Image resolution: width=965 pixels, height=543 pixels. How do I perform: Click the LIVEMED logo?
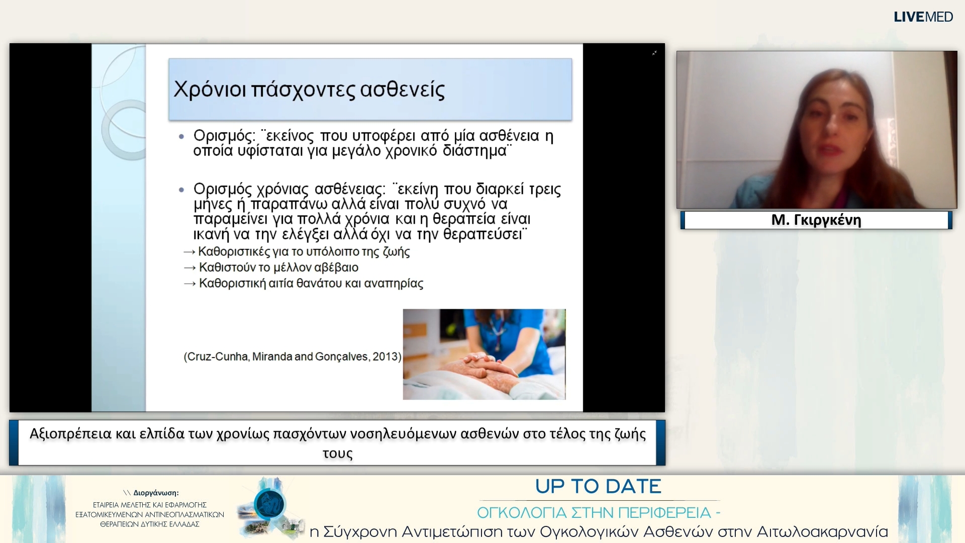(x=923, y=17)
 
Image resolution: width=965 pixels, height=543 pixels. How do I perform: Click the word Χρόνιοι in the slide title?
(x=210, y=89)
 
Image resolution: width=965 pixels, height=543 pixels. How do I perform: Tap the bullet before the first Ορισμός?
(x=182, y=136)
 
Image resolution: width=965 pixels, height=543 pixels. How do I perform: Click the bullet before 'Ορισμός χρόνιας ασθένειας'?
(x=182, y=190)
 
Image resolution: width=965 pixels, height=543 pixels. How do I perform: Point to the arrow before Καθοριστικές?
(x=189, y=252)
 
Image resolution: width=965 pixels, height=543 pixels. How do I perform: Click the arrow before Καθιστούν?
(x=189, y=268)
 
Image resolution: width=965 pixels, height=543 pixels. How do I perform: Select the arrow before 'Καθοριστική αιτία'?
(x=189, y=284)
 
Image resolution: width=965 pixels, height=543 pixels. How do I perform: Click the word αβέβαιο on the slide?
(x=336, y=267)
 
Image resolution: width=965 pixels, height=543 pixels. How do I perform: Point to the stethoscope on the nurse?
(x=495, y=332)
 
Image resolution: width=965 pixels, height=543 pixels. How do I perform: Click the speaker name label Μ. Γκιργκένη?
(x=816, y=220)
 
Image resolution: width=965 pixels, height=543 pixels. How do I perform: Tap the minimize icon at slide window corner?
(x=654, y=53)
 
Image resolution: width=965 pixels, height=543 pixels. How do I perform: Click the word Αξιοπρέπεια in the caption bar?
(x=70, y=434)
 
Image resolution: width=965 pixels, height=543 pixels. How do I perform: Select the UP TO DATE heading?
(x=598, y=487)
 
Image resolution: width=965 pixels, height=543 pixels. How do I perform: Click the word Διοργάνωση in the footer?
(x=155, y=493)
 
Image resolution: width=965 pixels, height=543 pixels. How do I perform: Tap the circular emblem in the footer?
(x=269, y=504)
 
